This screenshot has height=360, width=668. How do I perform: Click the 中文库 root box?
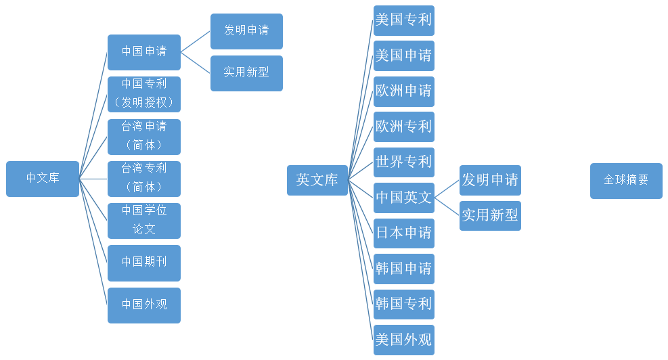pyautogui.click(x=43, y=179)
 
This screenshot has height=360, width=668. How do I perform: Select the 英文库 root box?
pyautogui.click(x=317, y=180)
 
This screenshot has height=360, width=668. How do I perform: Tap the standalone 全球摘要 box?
pyautogui.click(x=626, y=181)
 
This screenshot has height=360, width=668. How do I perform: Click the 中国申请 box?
pyautogui.click(x=144, y=52)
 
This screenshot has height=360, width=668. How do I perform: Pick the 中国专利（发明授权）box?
pyautogui.click(x=144, y=94)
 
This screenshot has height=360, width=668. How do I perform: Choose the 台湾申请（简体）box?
pyautogui.click(x=144, y=137)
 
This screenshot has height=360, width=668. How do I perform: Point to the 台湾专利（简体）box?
pyautogui.click(x=144, y=179)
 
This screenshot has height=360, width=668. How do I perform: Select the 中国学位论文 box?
pyautogui.click(x=144, y=221)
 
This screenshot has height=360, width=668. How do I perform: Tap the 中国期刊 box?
pyautogui.click(x=144, y=263)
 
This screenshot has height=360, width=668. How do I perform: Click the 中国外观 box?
pyautogui.click(x=144, y=305)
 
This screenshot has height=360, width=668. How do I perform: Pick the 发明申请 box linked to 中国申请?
pyautogui.click(x=246, y=31)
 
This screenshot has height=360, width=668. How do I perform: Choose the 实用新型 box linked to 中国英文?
pyautogui.click(x=491, y=216)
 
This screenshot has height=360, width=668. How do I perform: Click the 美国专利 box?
pyautogui.click(x=404, y=20)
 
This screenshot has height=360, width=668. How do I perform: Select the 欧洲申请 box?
pyautogui.click(x=404, y=91)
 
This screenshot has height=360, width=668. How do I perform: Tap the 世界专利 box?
pyautogui.click(x=404, y=162)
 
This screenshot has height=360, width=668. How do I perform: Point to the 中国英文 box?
pyautogui.click(x=404, y=198)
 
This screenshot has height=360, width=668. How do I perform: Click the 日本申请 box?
pyautogui.click(x=404, y=233)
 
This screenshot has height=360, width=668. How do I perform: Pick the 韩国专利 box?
pyautogui.click(x=404, y=305)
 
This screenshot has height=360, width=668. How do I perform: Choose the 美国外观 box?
pyautogui.click(x=404, y=340)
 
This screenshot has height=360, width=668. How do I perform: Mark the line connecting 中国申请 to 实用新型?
pyautogui.click(x=196, y=63)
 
